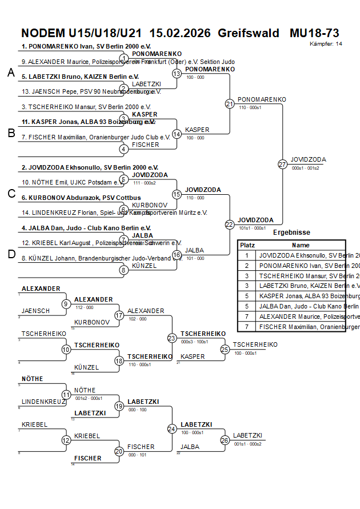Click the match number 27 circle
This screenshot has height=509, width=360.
[282, 164]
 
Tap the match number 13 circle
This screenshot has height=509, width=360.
[177, 74]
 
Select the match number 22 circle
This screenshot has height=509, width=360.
[230, 225]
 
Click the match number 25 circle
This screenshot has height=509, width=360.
[225, 349]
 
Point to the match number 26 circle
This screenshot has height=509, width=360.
[225, 440]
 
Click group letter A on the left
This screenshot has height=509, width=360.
[11, 73]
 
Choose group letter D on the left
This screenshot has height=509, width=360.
[11, 254]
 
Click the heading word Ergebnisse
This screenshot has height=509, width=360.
[291, 233]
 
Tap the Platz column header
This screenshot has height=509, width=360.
[247, 245]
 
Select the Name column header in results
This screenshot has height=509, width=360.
[301, 245]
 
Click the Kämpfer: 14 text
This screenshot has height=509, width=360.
[326, 43]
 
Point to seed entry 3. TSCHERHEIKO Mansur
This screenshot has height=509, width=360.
[86, 107]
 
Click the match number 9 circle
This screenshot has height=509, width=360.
[66, 304]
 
